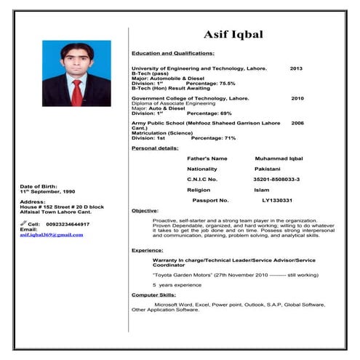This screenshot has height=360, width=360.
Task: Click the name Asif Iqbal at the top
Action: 233,34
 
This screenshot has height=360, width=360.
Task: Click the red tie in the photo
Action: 76,94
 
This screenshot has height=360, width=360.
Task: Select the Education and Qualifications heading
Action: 172,53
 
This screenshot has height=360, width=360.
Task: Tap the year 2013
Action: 296,68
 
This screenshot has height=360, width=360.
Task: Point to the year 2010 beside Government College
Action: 297,97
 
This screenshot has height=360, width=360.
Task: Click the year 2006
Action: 297,124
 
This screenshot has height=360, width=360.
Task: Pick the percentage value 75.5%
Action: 221,84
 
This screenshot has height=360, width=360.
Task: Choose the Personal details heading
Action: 155,148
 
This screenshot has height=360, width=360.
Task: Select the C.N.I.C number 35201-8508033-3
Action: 276,179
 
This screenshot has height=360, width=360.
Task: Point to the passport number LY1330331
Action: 277,200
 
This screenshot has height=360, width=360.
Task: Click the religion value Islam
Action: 261,189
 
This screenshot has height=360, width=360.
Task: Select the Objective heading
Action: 145,210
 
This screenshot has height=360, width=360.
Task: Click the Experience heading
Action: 148,249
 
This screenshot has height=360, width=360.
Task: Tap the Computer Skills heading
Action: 153,295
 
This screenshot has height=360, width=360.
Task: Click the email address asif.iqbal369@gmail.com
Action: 52,235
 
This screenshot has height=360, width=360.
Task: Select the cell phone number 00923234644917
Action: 68,224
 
